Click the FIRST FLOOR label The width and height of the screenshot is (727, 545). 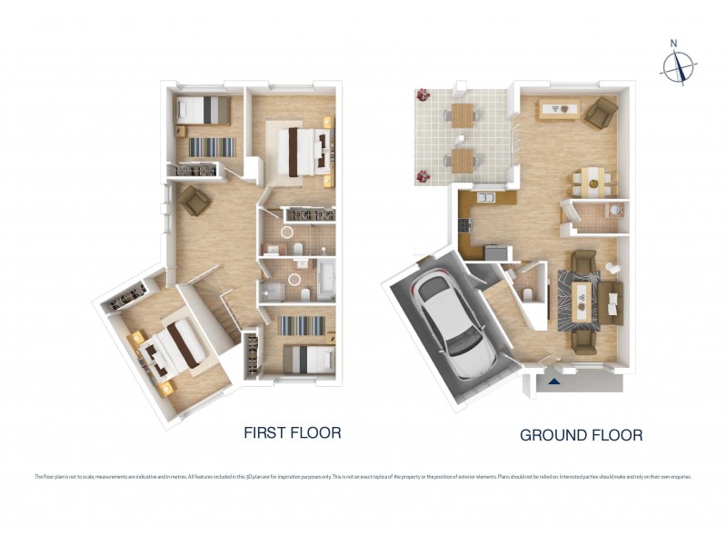coord(292,432)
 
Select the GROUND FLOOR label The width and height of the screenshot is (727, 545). coord(581,435)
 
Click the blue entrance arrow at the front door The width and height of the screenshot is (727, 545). coord(554,382)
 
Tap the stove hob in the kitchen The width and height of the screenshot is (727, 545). coord(466,223)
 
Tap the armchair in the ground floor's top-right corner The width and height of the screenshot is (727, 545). coord(601,114)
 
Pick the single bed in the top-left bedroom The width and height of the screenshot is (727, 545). coord(202,109)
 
